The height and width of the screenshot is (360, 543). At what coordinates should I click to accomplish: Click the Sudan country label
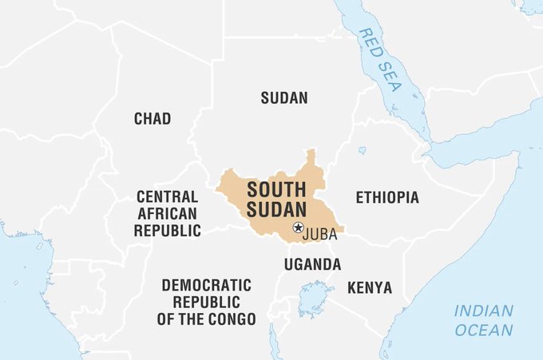pyautogui.click(x=284, y=98)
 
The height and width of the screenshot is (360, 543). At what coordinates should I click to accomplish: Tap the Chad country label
pyautogui.click(x=152, y=119)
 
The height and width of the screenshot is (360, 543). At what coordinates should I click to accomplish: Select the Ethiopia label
pyautogui.click(x=386, y=197)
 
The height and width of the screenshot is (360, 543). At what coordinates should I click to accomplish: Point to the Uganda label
pyautogui.click(x=312, y=264)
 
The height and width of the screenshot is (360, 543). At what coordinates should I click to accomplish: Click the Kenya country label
pyautogui.click(x=370, y=287)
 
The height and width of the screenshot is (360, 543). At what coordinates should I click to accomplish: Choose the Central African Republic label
pyautogui.click(x=167, y=213)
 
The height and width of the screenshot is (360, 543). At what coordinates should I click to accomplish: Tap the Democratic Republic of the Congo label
pyautogui.click(x=207, y=302)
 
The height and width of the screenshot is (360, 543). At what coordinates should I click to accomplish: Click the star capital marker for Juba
pyautogui.click(x=298, y=227)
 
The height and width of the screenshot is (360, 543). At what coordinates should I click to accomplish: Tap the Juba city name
pyautogui.click(x=321, y=234)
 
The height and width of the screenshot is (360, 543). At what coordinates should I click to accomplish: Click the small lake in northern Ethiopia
pyautogui.click(x=362, y=150)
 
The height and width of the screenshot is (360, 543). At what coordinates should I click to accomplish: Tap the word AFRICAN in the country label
pyautogui.click(x=167, y=213)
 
